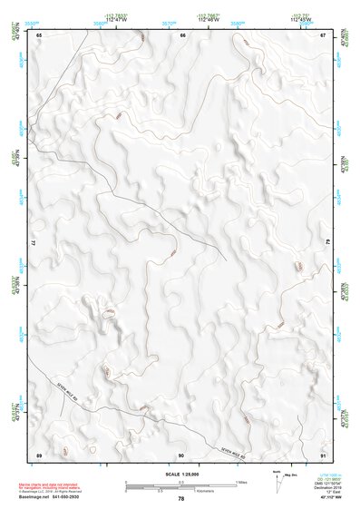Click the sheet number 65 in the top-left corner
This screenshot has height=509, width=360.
[x=39, y=34]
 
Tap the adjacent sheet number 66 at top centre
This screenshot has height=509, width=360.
[x=182, y=34]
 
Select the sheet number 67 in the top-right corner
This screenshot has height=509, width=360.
[x=322, y=34]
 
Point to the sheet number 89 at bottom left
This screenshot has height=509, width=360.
[x=39, y=454]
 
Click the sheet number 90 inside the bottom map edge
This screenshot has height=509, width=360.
[x=181, y=454]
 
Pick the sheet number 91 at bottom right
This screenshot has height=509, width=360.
[x=322, y=454]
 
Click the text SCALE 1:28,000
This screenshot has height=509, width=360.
[x=180, y=474]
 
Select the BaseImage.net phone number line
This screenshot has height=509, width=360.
[x=44, y=498]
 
